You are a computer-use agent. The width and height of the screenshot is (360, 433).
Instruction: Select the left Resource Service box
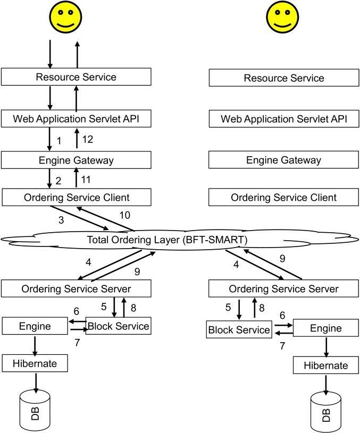pyautogui.click(x=76, y=77)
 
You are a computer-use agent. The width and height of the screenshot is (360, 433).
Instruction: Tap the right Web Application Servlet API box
pyautogui.click(x=284, y=118)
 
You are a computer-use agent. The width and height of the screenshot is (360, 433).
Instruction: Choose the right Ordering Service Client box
pyautogui.click(x=284, y=198)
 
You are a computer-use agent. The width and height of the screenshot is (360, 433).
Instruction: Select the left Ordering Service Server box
pyautogui.click(x=76, y=289)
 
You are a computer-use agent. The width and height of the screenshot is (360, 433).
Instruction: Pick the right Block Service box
pyautogui.click(x=238, y=330)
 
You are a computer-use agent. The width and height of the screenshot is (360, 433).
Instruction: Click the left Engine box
pyautogui.click(x=35, y=326)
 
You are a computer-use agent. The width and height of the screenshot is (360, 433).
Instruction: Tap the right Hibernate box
pyautogui.click(x=325, y=366)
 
